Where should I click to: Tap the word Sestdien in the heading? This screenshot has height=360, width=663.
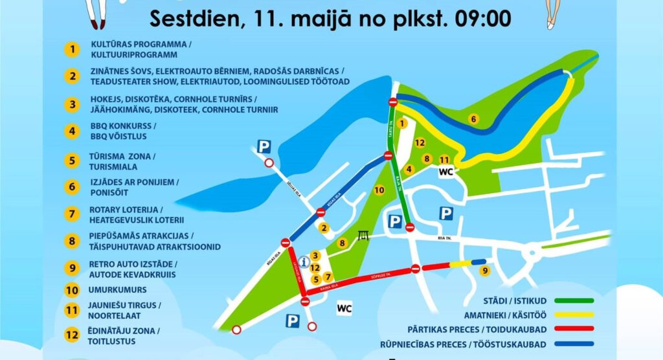tap(192, 17)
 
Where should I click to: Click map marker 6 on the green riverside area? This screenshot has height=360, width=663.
tap(473, 118)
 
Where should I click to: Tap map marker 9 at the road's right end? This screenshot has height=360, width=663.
tap(484, 271)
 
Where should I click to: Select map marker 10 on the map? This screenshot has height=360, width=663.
tap(379, 190)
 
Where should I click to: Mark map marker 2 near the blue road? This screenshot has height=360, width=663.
tap(324, 227)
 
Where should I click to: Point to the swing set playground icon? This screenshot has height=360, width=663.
tap(364, 236)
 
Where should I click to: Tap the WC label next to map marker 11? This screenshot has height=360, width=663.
tap(445, 172)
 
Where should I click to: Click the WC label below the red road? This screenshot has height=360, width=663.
tap(344, 309)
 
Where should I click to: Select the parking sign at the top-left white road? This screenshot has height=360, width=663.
tap(264, 147)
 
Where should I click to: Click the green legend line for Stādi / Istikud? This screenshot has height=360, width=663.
tap(570, 300)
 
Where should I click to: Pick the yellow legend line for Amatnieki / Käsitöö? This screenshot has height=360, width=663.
tap(570, 315)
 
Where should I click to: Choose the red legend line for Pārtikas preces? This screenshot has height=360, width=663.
tap(570, 329)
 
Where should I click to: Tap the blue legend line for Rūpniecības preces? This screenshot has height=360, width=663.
tap(570, 344)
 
